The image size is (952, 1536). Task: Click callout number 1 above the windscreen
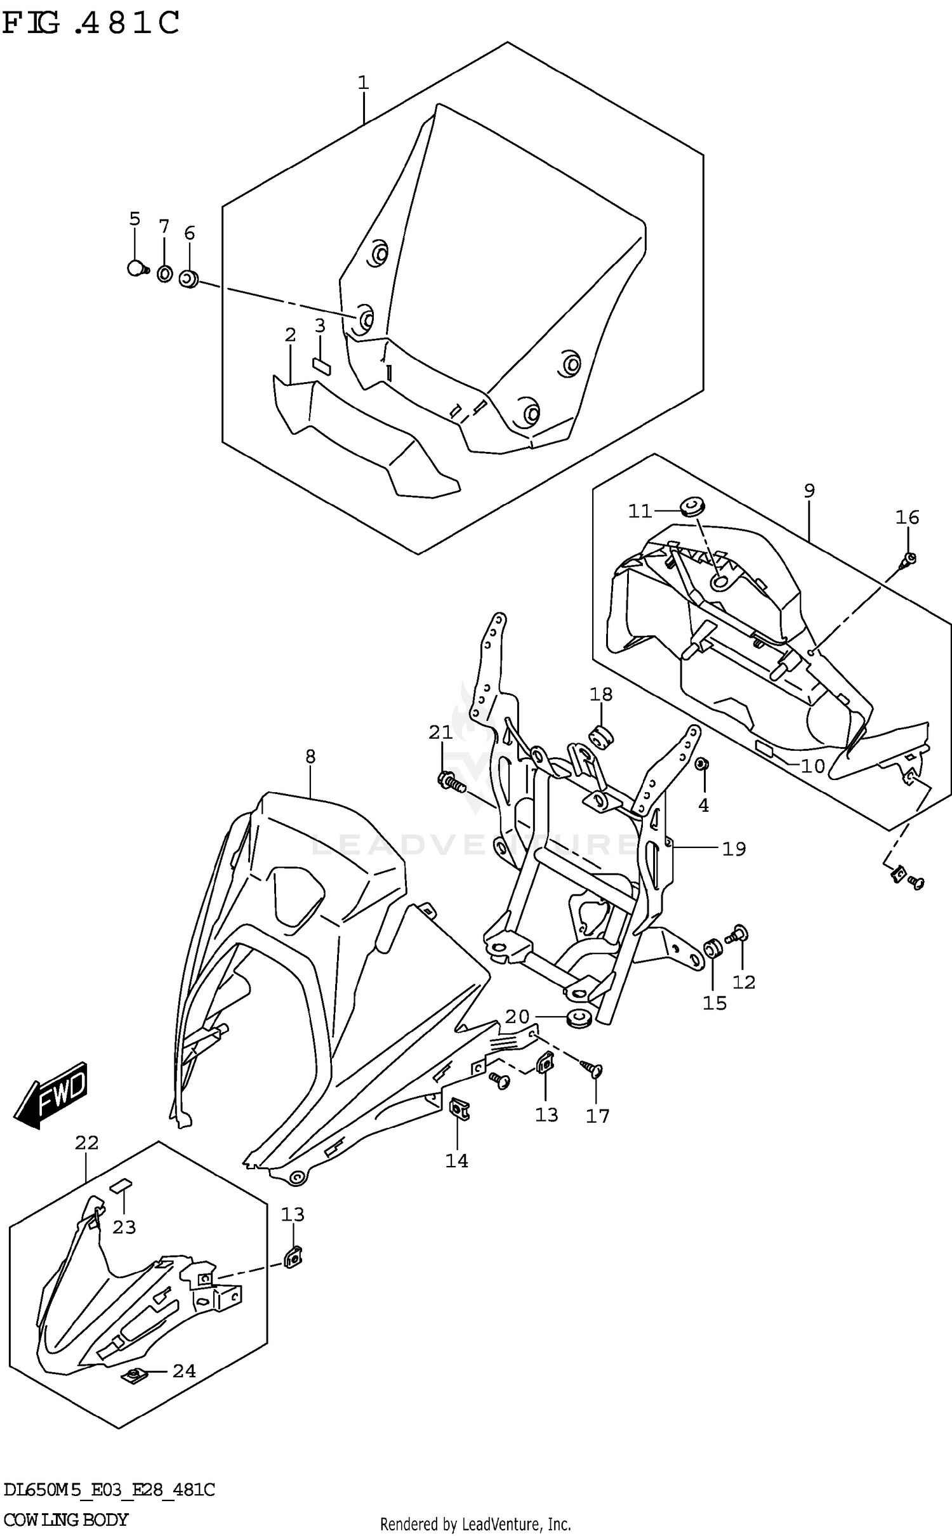pos(363,83)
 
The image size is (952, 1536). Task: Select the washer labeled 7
pos(164,274)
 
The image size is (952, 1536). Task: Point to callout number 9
pos(809,490)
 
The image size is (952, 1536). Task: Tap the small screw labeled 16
pos(908,559)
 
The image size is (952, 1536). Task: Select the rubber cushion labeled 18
pos(602,737)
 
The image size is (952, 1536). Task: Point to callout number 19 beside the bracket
pos(734,849)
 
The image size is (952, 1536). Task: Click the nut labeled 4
pos(702,764)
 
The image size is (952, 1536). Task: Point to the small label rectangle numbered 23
pos(122,1185)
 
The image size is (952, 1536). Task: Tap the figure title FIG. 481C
pos(92,24)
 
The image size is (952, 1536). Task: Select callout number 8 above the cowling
pos(310,756)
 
